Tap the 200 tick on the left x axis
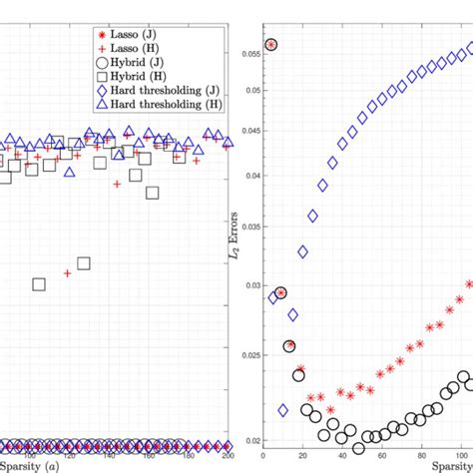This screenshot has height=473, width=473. [229, 455]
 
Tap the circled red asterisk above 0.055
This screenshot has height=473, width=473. [271, 44]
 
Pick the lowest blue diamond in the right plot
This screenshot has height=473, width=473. [282, 410]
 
